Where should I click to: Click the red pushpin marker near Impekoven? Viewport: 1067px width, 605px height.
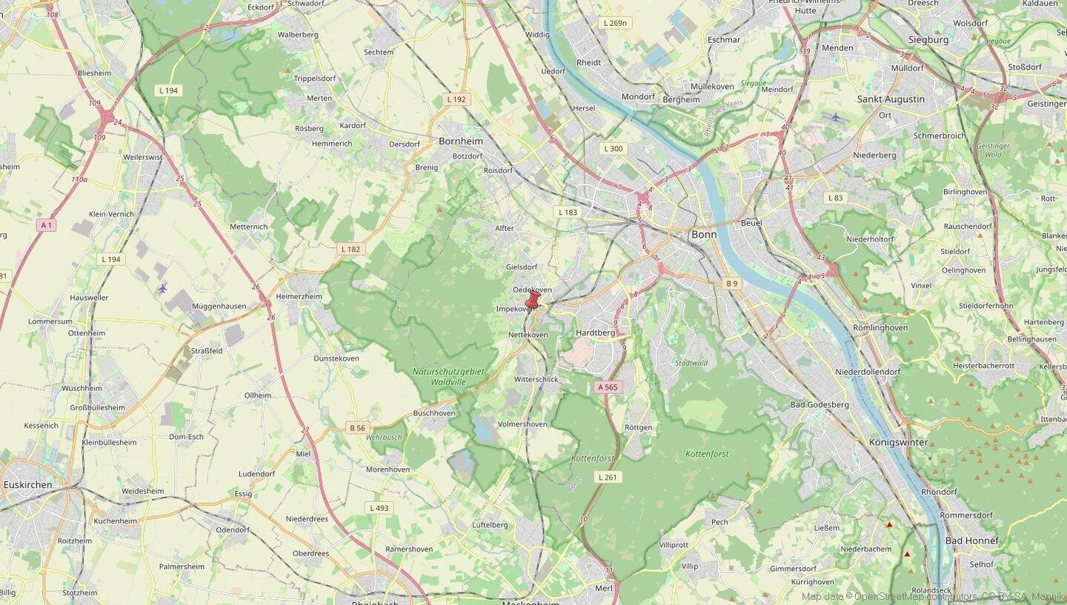(533, 300)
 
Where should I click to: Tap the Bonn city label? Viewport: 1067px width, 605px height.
(703, 235)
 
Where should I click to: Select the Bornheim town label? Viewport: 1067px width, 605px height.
(460, 141)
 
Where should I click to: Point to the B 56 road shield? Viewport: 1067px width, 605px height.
(357, 428)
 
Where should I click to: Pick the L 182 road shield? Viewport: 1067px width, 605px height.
(350, 249)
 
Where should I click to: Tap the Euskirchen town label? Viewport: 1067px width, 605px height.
(28, 485)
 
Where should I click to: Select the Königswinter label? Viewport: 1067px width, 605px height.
(898, 442)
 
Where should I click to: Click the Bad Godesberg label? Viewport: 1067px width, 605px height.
(820, 405)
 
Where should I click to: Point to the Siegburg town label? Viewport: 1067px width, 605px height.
(928, 40)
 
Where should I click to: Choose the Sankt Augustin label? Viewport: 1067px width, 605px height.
(891, 99)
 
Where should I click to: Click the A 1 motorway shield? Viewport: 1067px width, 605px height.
(47, 224)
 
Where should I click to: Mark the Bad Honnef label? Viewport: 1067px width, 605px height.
(971, 541)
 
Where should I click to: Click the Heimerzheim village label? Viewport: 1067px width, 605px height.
(299, 296)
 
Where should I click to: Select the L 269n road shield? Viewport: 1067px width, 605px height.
(615, 23)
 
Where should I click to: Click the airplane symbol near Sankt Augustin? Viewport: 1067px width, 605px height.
(836, 117)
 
